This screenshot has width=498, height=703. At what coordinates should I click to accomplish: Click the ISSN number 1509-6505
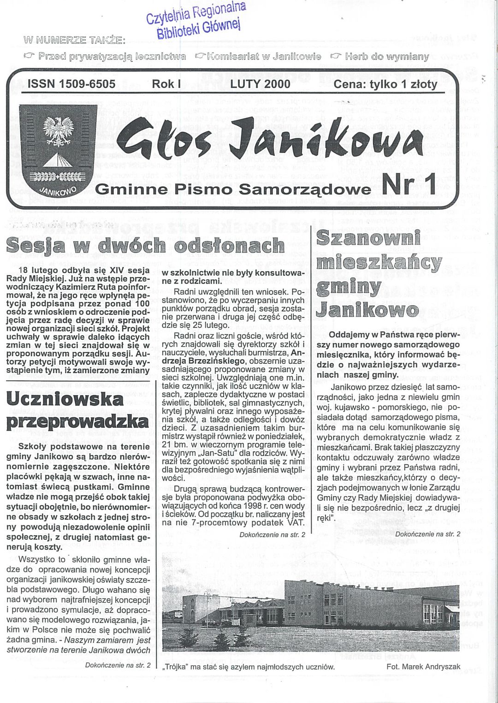[71, 84]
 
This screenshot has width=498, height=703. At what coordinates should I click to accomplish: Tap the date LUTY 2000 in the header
[261, 84]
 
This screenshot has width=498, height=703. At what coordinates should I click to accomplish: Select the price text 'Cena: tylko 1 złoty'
[385, 84]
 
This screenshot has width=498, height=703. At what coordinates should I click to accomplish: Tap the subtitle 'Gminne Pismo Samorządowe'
[233, 189]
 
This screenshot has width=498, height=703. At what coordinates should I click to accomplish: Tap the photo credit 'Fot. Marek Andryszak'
[423, 667]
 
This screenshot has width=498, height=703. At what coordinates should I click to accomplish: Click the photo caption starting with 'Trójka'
[249, 667]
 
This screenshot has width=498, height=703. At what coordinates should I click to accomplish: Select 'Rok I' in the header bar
[166, 84]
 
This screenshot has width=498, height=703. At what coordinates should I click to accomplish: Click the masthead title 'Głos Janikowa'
[270, 138]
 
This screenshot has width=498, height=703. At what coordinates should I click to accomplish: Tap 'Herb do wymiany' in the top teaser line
[386, 57]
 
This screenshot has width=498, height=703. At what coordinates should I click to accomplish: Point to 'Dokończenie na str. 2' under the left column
[118, 665]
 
